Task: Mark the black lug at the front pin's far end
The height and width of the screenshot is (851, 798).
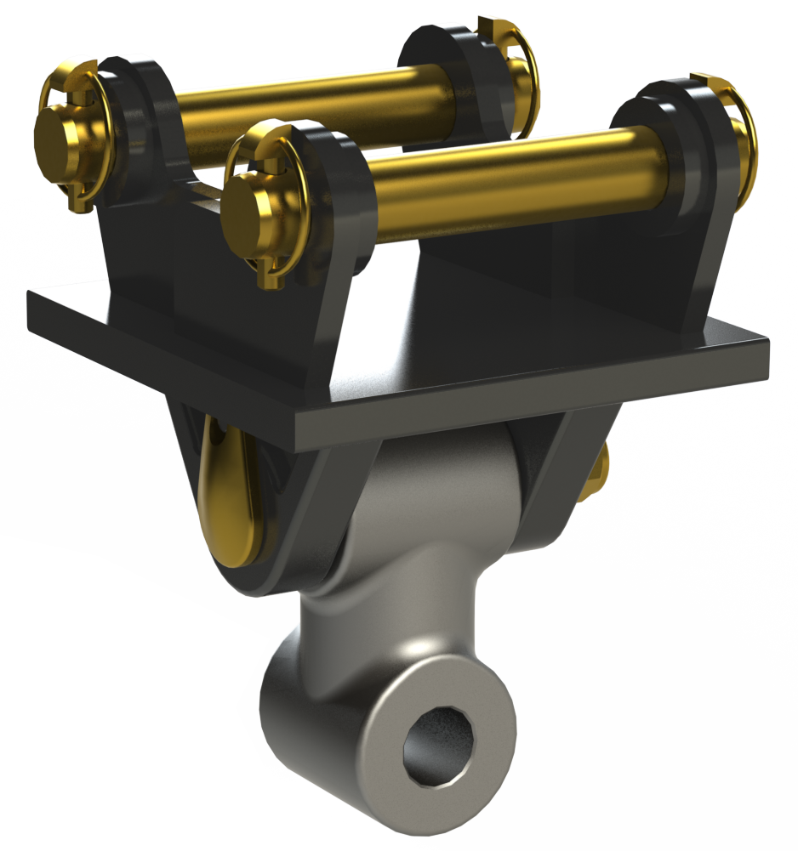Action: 672,153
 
